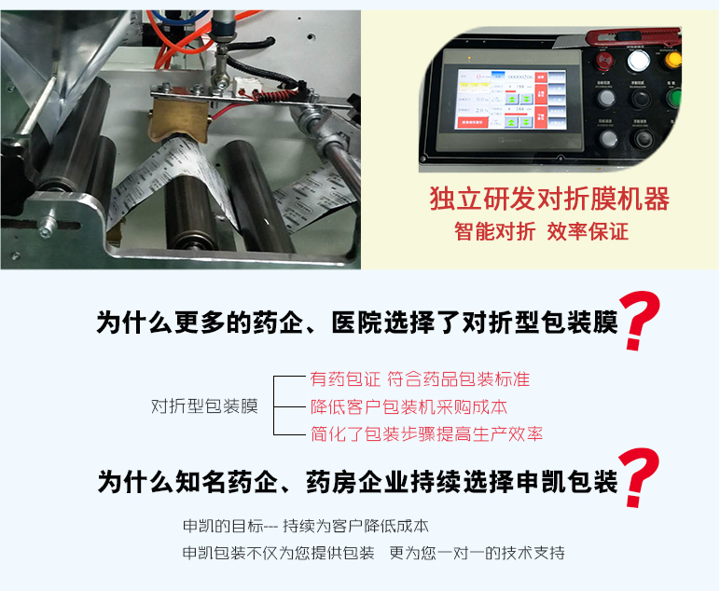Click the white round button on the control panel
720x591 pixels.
click(x=637, y=62)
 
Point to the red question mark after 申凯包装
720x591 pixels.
click(x=641, y=478)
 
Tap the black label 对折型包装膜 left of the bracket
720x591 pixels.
click(x=204, y=406)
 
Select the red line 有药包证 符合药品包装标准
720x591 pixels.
click(x=420, y=379)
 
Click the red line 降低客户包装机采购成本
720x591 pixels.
click(x=408, y=407)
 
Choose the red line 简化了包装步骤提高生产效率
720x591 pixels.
click(x=426, y=434)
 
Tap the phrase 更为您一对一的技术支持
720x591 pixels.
click(x=477, y=553)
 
